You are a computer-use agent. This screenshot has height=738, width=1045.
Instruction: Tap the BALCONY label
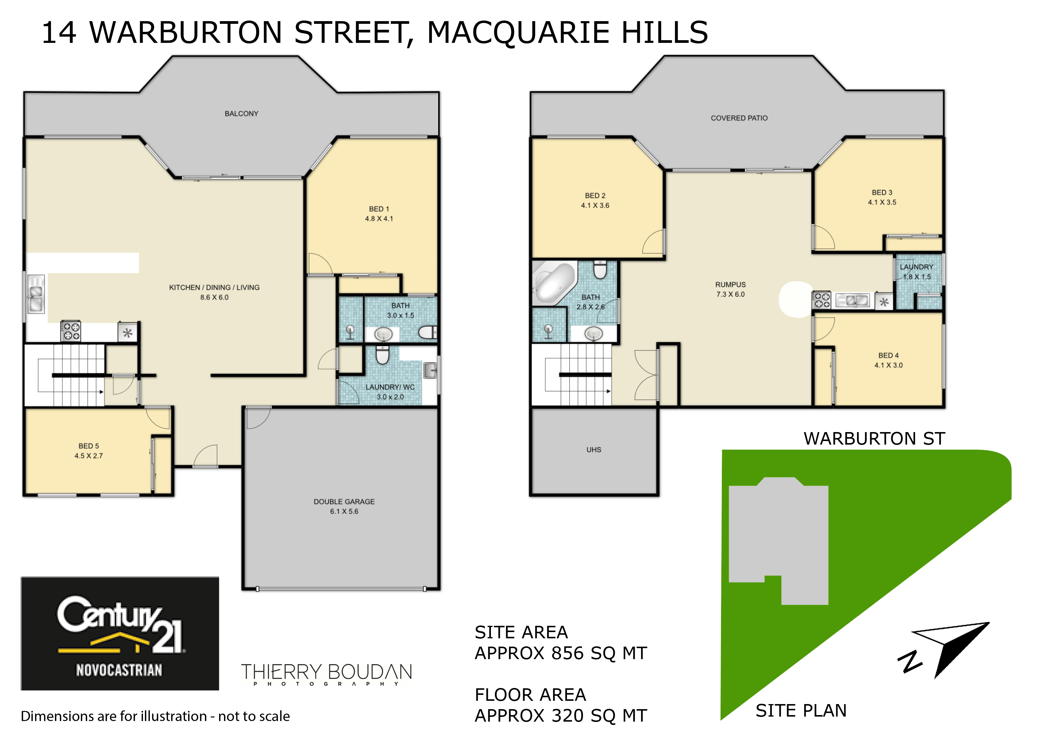click(x=241, y=114)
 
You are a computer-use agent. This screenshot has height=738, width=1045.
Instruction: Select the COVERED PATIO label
click(x=739, y=118)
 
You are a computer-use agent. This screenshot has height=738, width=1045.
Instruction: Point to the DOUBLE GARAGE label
click(x=344, y=501)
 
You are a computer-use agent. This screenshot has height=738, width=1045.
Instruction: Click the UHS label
click(x=593, y=450)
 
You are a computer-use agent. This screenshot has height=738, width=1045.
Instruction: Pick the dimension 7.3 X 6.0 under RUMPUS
click(x=730, y=294)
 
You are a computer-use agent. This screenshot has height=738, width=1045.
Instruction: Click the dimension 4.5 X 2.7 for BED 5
click(x=89, y=456)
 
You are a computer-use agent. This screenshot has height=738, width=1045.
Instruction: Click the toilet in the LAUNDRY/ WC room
click(x=382, y=355)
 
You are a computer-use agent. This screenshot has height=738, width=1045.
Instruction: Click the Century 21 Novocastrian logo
click(x=120, y=634)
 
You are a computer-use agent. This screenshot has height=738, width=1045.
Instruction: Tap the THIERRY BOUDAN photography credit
click(x=326, y=674)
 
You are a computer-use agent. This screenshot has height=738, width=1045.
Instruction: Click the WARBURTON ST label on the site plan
click(x=874, y=438)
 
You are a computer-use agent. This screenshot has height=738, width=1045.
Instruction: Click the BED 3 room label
click(x=882, y=192)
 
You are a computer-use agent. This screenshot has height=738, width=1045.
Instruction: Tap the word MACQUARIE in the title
click(x=518, y=33)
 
